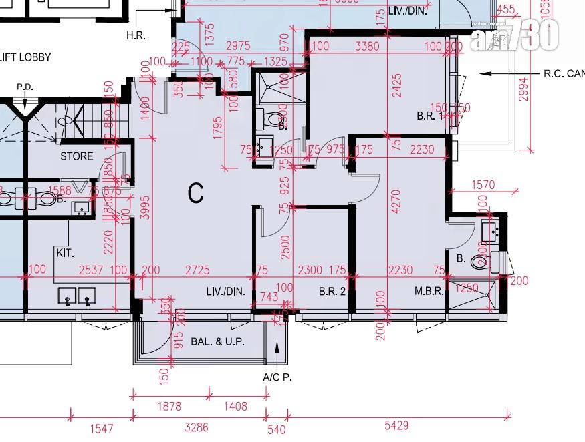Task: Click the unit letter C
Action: [195, 193]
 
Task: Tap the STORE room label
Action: [77, 157]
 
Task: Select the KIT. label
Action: [65, 254]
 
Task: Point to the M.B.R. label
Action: [429, 291]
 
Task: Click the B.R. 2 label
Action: [332, 291]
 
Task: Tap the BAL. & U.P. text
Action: [217, 341]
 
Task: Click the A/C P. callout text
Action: [277, 377]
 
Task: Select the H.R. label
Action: [136, 34]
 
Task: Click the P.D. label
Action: [25, 87]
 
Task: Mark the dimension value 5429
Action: [396, 425]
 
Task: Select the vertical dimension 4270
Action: [396, 200]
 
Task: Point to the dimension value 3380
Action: [366, 46]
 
